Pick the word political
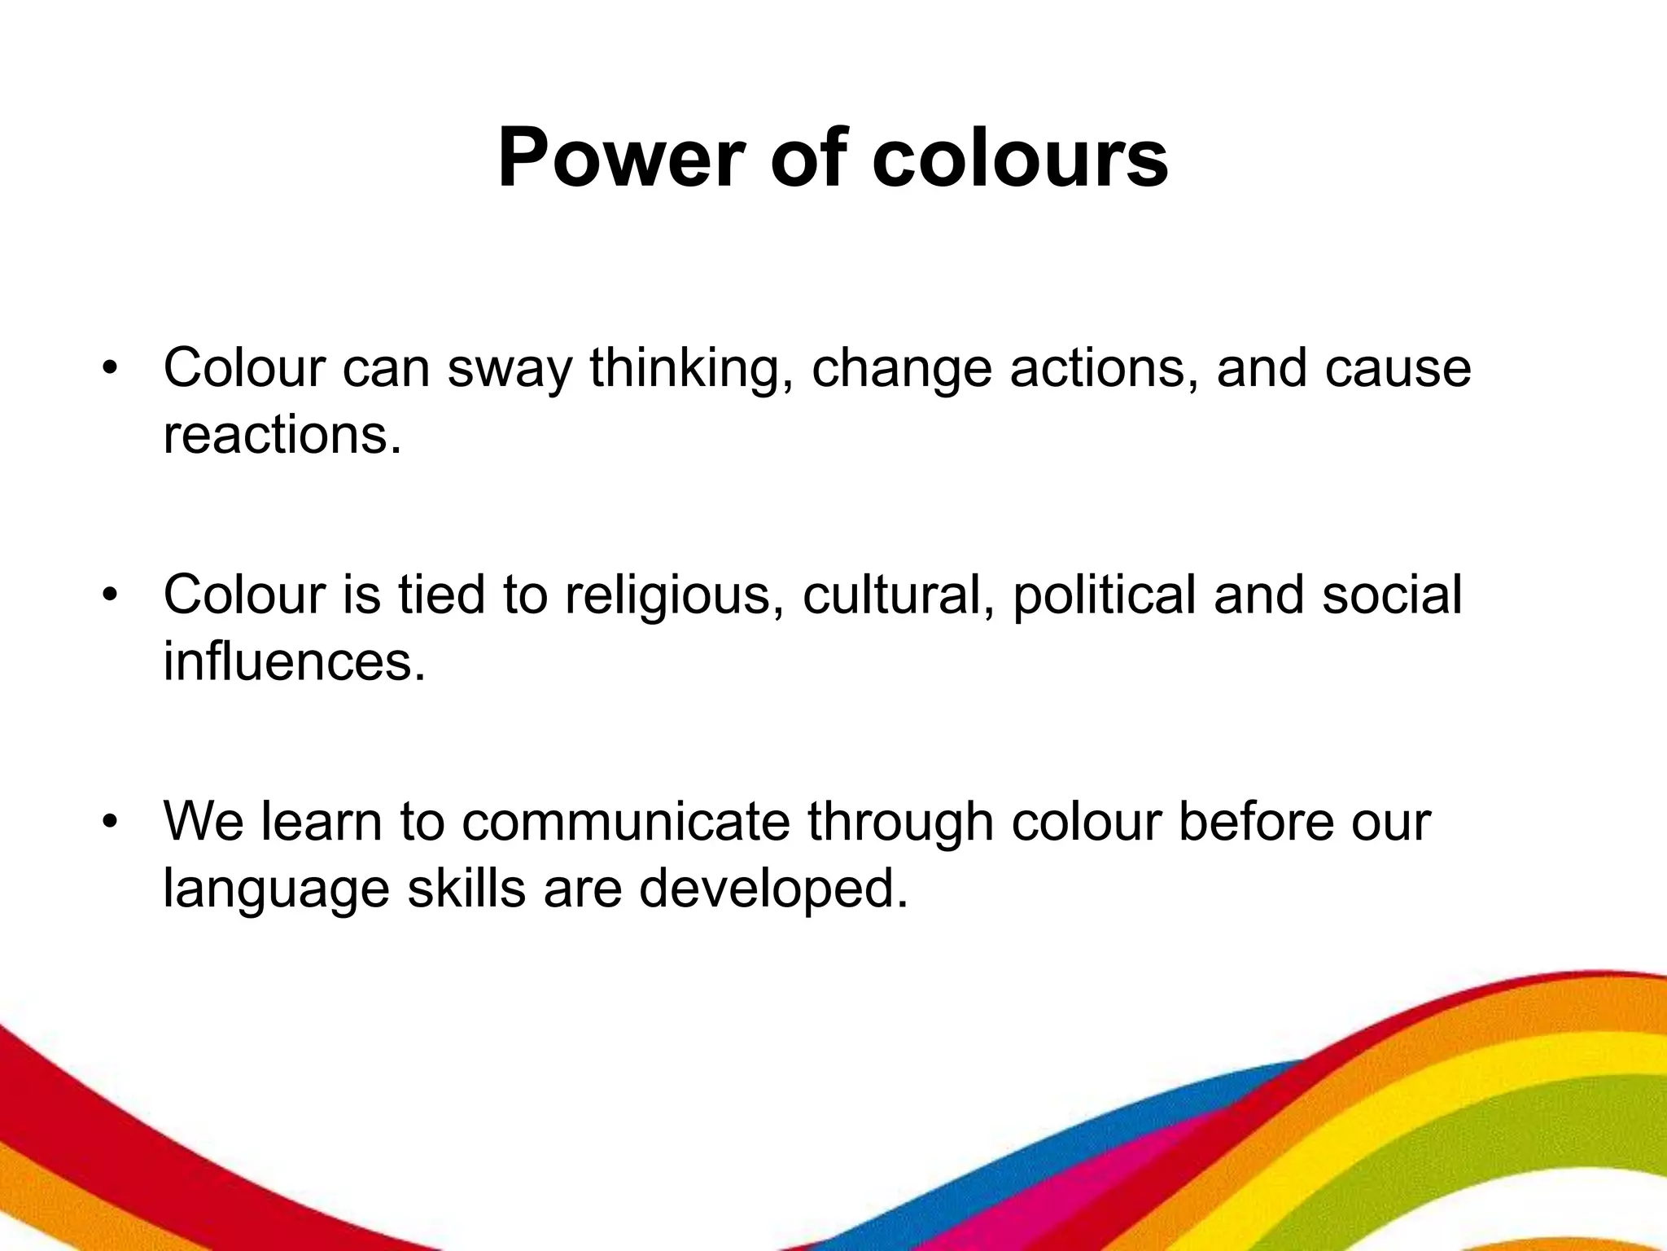pyautogui.click(x=1104, y=595)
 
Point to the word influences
pyautogui.click(x=294, y=661)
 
